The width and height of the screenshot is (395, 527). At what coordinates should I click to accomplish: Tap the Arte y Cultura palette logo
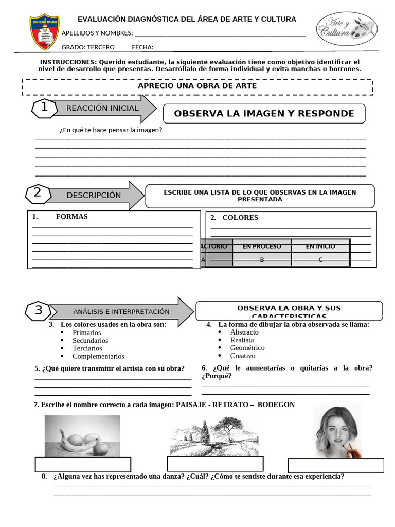pos(346,29)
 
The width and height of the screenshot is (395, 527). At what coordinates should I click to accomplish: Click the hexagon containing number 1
pos(44,108)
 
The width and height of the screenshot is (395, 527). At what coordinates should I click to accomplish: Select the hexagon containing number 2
pos(38,194)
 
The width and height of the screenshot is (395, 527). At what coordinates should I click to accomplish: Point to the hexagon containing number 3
pos(39,311)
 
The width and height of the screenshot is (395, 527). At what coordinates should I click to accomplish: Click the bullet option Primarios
pos(86,332)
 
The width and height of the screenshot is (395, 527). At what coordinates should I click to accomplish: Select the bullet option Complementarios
pos(98,356)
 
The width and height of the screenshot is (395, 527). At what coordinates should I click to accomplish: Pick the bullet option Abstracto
pos(244,332)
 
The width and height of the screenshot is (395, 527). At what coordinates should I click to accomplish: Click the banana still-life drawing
pos(82,436)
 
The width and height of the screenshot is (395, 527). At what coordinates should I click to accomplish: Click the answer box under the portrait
pos(336,465)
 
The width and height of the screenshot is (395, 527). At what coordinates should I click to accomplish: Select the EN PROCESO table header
pos(262,246)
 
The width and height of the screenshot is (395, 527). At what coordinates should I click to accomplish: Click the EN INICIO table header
pos(320,246)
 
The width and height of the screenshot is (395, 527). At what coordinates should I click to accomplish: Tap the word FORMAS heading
pos(71,217)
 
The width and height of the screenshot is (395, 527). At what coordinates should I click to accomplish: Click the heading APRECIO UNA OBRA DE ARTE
pos(197,86)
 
